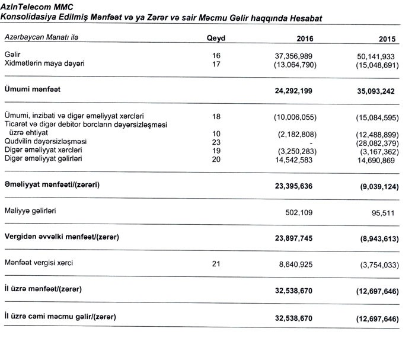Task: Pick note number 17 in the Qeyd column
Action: coord(216,64)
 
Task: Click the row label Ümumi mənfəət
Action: coord(33,90)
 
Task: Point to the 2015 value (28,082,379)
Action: coord(378,142)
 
